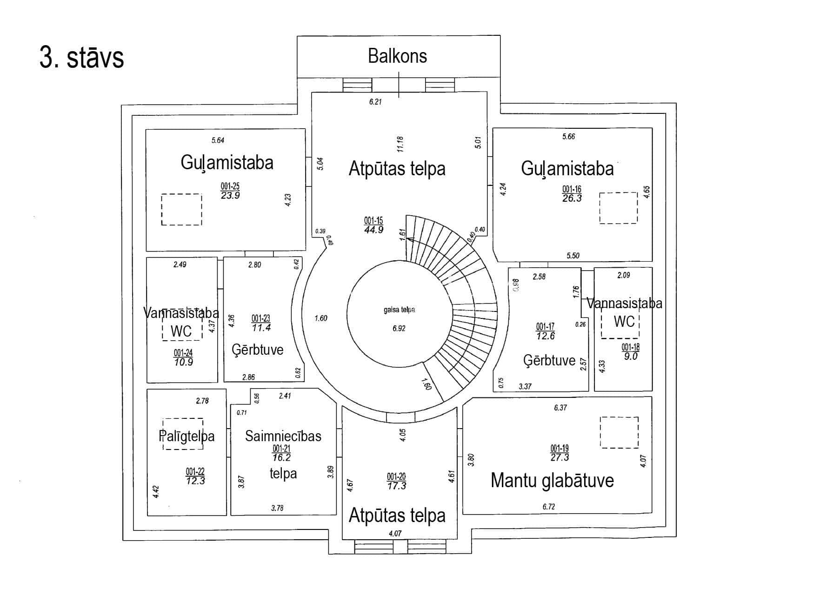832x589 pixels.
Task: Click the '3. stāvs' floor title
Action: (x=82, y=58)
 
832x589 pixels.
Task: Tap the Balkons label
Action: (x=397, y=56)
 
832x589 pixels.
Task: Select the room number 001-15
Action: (x=373, y=221)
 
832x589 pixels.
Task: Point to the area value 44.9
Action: (x=373, y=230)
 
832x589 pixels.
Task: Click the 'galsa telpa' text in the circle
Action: (x=399, y=310)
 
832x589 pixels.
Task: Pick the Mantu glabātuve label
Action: (x=552, y=481)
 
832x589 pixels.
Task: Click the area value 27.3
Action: (x=559, y=457)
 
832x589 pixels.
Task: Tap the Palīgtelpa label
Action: (x=186, y=437)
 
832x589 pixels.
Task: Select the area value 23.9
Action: (x=230, y=196)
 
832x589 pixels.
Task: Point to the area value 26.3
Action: (x=572, y=199)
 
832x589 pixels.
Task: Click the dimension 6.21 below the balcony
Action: (x=375, y=102)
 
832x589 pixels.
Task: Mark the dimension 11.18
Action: (x=400, y=144)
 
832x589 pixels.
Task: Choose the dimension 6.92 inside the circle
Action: (x=399, y=328)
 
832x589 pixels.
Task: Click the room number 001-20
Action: (x=396, y=477)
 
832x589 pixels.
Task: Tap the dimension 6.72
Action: (x=549, y=507)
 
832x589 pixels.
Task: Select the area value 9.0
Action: (x=631, y=357)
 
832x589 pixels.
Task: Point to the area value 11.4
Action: (x=261, y=328)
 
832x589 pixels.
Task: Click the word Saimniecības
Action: (x=283, y=436)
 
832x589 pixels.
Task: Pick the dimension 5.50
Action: (x=573, y=256)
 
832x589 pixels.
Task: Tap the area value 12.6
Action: (x=545, y=336)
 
